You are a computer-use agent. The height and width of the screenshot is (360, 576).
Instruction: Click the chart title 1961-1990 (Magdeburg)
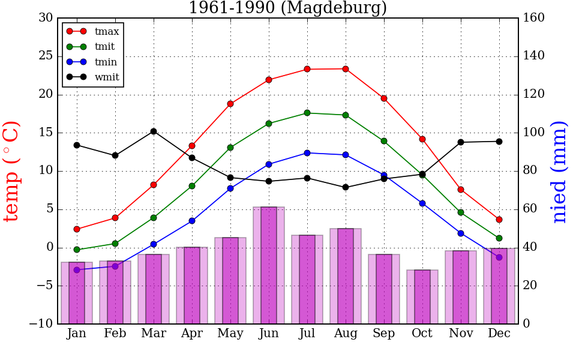[287, 8]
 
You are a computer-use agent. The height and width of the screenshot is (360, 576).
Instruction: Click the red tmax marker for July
[307, 69]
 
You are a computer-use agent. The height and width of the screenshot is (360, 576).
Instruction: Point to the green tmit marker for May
[230, 147]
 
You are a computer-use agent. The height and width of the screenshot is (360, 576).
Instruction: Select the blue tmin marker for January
[77, 270]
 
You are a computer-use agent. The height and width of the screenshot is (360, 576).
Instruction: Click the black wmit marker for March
[154, 131]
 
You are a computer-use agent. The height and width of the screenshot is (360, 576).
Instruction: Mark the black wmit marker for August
[346, 187]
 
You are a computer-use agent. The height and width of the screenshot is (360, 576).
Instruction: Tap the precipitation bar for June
[269, 265]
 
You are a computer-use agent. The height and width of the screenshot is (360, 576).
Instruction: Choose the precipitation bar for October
[422, 297]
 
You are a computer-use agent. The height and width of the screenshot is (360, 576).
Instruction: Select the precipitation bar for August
[346, 276]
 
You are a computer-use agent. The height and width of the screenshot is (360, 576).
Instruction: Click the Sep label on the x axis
[384, 334]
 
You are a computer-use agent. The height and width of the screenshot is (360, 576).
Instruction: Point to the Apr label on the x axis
[192, 334]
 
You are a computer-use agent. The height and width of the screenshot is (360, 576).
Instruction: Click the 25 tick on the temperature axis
[46, 56]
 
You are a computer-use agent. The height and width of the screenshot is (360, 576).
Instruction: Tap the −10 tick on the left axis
[41, 324]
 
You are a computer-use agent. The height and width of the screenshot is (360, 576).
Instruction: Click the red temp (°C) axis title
[13, 171]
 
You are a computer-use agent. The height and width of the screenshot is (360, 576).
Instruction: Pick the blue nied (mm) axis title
[559, 171]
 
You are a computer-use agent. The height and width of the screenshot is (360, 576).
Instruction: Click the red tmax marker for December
[499, 220]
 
